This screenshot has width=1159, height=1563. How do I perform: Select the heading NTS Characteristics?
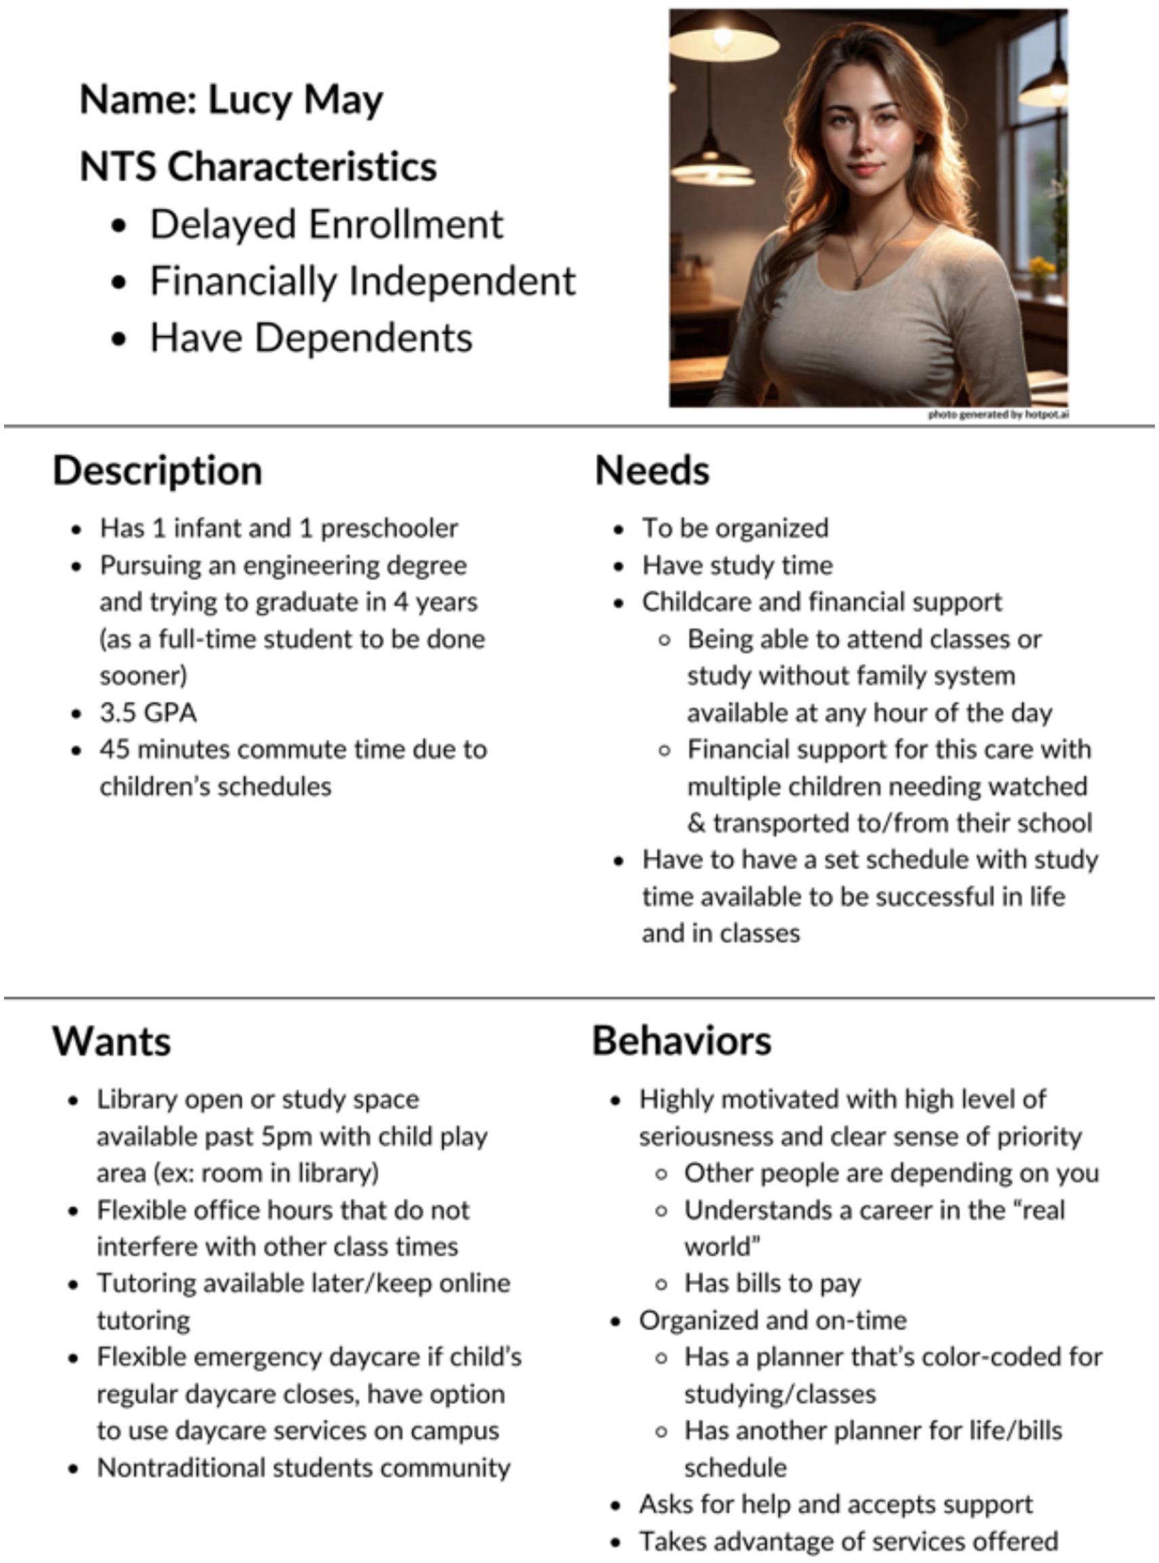coord(258,167)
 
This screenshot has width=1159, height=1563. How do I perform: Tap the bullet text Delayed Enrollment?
coord(326,225)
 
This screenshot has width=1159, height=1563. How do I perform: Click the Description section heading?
coord(157,470)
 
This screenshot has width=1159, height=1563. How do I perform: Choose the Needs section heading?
coord(652,470)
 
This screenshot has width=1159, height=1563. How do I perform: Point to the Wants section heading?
coord(111,1041)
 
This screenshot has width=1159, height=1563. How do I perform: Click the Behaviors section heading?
coord(681,1041)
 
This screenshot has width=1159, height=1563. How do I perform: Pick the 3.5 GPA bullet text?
coord(148,712)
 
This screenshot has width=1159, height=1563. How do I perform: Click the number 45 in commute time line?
coord(114,749)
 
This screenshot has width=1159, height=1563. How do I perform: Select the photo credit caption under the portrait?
coord(998,415)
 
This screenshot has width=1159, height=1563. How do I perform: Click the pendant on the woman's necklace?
coord(857,283)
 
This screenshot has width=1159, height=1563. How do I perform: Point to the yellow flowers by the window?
coord(1041,267)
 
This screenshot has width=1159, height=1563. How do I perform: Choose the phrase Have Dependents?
coord(311,338)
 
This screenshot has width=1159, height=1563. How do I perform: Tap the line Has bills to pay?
coord(772,1283)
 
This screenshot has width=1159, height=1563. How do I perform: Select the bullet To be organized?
coord(735,529)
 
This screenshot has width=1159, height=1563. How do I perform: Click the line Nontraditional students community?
coord(303,1468)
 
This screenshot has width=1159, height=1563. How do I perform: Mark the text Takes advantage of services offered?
coord(848,1541)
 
